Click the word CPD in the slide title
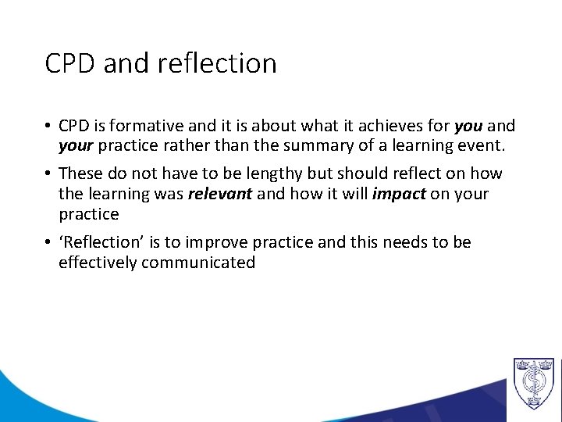pos(72,63)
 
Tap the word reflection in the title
pos(216,63)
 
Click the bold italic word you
pos(468,126)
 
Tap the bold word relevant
pos(219,194)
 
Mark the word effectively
pos(98,263)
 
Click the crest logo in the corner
pos(533,382)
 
